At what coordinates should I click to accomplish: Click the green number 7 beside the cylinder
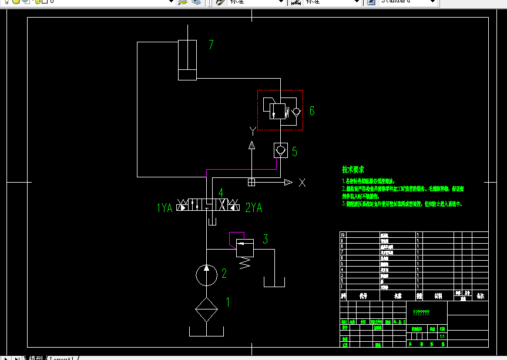coord(211,45)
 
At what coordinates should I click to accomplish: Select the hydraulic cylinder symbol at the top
coord(187,60)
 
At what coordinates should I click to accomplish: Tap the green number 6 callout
coord(312,110)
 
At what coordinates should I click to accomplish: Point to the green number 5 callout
coord(294,152)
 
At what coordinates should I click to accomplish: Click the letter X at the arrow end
coord(302,183)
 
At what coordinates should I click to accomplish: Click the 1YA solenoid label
coord(164,207)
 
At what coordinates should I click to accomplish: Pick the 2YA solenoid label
coord(254,207)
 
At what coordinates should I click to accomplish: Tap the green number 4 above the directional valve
coord(220,192)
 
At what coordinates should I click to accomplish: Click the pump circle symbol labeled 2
coord(206,275)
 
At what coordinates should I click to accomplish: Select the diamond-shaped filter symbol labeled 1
coord(206,309)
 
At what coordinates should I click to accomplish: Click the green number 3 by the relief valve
coord(265,239)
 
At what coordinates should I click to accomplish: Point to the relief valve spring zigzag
coord(243,263)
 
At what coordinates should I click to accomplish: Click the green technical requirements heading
coord(353,169)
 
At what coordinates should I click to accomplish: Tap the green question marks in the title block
coord(421,312)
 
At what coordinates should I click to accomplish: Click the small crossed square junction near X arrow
coord(251,182)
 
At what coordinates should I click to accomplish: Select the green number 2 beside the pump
coord(224,273)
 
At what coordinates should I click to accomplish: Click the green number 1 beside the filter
coord(228,302)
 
